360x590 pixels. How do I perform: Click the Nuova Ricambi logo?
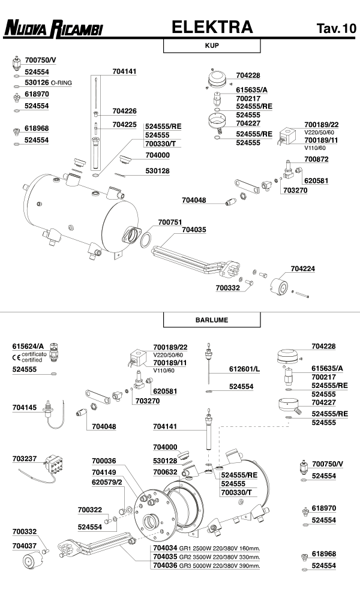(53, 28)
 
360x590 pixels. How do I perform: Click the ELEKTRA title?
(212, 27)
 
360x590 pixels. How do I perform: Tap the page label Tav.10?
(336, 28)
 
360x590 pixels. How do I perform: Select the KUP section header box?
(211, 45)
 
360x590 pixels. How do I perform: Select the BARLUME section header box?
(211, 320)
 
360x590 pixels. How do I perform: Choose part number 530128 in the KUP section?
(157, 171)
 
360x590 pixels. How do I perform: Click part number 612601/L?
(244, 368)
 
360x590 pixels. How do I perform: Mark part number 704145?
(25, 407)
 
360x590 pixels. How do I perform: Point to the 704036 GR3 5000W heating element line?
(205, 565)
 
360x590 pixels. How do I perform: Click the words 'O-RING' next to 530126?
(62, 82)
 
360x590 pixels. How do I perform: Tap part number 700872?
(316, 159)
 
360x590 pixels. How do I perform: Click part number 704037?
(25, 546)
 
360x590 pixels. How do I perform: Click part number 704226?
(124, 111)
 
